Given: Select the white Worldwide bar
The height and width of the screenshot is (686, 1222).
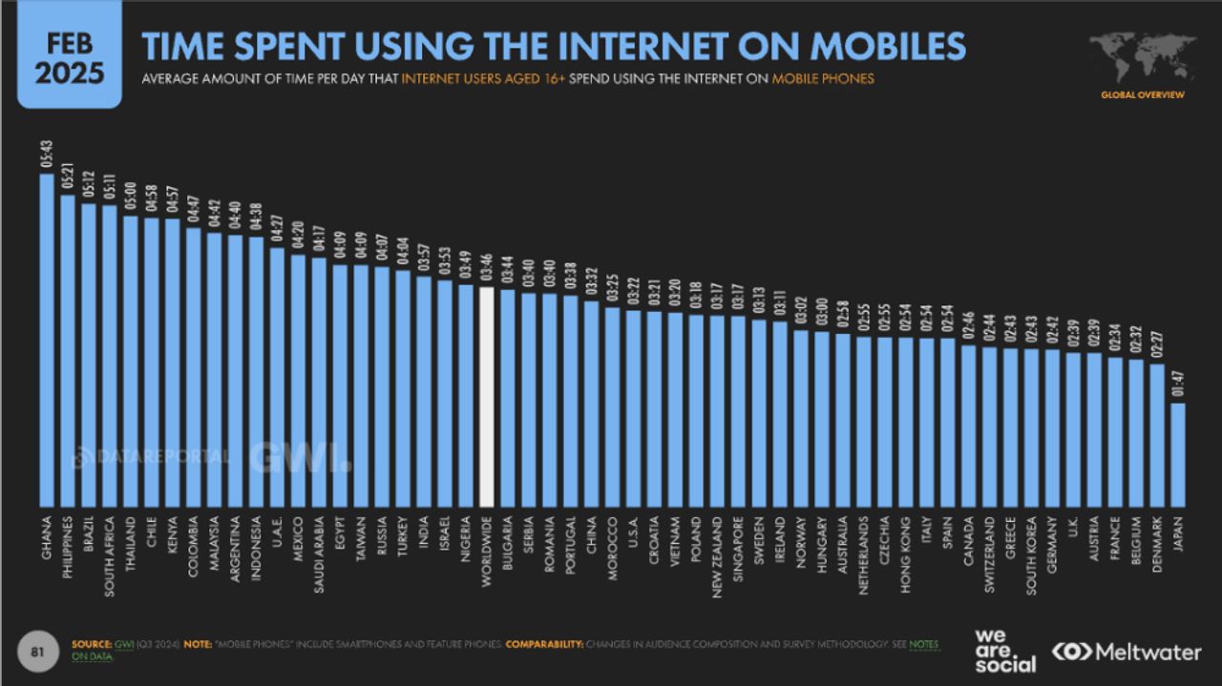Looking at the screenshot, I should point(487,397).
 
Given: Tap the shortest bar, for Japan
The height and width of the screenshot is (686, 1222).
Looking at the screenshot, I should point(1178,455).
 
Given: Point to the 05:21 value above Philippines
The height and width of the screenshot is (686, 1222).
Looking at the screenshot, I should point(68,178).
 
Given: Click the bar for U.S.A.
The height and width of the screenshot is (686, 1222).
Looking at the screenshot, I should point(634,408).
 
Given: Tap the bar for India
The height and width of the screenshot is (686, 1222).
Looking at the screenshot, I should point(424,391).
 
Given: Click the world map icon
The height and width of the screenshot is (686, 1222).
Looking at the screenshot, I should point(1142,56).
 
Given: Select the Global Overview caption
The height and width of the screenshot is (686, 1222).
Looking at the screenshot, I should point(1142,94).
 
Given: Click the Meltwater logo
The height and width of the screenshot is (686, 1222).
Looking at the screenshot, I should point(1126,653).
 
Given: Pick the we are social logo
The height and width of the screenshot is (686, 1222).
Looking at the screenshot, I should point(1004,651).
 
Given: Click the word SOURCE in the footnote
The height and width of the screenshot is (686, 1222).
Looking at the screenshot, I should point(91,645).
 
